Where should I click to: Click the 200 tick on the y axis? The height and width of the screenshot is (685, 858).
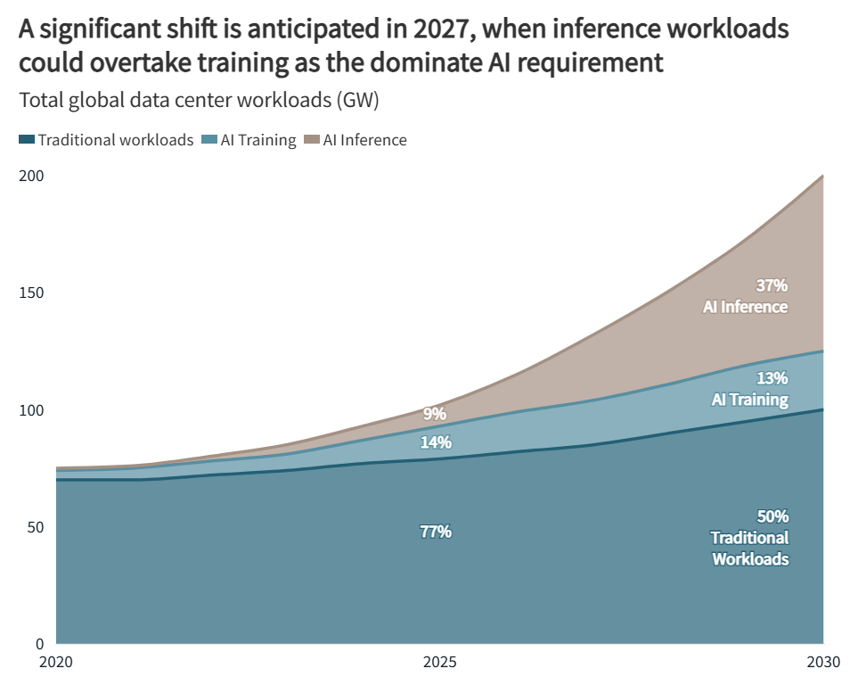point(31,177)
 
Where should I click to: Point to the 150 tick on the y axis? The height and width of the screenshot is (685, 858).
point(31,293)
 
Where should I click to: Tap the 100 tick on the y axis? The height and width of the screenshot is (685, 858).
point(31,410)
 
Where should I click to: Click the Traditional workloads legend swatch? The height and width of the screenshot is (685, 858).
point(27,140)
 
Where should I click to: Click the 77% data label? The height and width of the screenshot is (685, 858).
point(436,532)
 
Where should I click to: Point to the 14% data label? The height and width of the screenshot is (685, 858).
point(436,442)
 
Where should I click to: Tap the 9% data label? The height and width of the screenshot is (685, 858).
point(435,414)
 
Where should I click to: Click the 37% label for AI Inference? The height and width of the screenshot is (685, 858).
point(772,285)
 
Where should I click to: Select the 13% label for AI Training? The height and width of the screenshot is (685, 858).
point(772,377)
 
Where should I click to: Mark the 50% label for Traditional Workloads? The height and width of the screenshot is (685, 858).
point(772,516)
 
